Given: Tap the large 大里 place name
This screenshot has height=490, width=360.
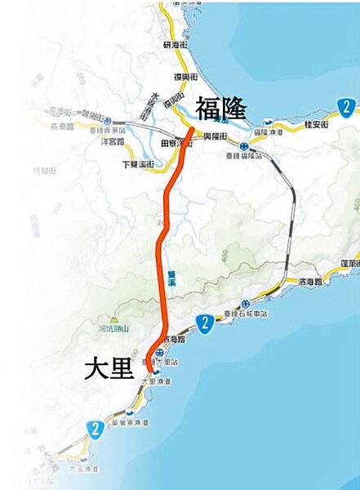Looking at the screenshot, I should tap(109, 369).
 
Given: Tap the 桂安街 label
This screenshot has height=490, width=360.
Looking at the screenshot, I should tap(315, 123).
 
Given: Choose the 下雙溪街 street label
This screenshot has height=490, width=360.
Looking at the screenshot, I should tap(136, 163).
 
